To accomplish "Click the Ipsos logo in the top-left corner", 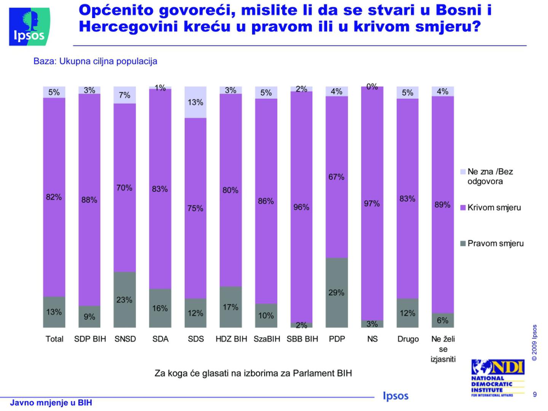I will pyautogui.click(x=29, y=27).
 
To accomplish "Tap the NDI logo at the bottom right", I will pyautogui.click(x=498, y=378).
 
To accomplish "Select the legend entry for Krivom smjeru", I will pyautogui.click(x=494, y=208).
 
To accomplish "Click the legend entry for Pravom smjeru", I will pyautogui.click(x=495, y=244).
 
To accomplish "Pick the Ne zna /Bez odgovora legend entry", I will pyautogui.click(x=490, y=176).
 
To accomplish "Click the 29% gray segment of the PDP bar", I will pyautogui.click(x=337, y=292).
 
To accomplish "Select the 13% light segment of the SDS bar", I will pyautogui.click(x=196, y=102).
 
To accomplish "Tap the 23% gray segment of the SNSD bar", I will pyautogui.click(x=125, y=299).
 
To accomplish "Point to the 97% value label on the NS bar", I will pyautogui.click(x=372, y=204).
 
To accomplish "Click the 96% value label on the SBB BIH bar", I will pyautogui.click(x=301, y=207).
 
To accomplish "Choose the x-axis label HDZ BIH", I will pyautogui.click(x=231, y=339).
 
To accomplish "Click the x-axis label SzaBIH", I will pyautogui.click(x=266, y=339).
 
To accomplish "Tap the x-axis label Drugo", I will pyautogui.click(x=408, y=339).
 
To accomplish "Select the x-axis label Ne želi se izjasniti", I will pyautogui.click(x=443, y=349).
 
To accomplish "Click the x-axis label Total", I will pyautogui.click(x=54, y=339).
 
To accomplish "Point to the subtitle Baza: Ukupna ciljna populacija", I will pyautogui.click(x=95, y=61).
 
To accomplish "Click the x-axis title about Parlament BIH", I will pyautogui.click(x=253, y=373).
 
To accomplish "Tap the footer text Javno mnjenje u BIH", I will pyautogui.click(x=51, y=403).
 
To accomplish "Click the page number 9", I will pyautogui.click(x=535, y=395).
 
